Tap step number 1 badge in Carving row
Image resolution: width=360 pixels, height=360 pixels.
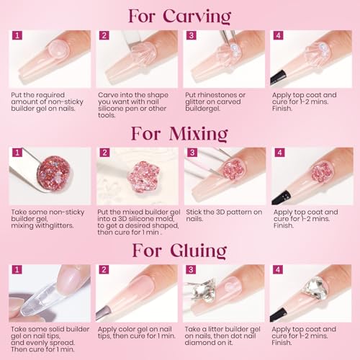tap(17, 35)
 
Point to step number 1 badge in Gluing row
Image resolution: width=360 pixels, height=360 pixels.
tap(17, 270)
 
